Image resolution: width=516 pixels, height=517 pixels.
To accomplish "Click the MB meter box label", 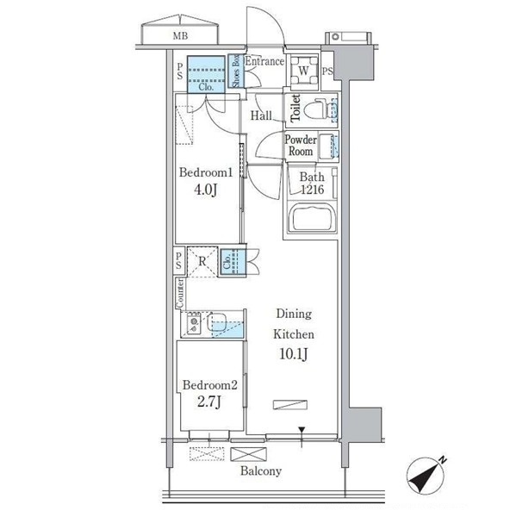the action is [180, 35].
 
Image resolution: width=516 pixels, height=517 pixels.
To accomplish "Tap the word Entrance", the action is [264, 61].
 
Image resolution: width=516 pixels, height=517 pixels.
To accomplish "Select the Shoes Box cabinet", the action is [236, 72].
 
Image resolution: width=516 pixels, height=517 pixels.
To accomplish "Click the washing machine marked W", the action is [304, 71].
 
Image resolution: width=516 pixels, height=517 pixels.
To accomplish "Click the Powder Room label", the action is [301, 146].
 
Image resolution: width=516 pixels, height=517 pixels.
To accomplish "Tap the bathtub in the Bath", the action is [312, 218].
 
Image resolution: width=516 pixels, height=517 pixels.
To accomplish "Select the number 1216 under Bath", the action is [313, 190].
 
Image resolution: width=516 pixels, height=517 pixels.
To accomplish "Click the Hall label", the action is [261, 115].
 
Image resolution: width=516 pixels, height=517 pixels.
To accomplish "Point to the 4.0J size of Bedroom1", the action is [205, 190].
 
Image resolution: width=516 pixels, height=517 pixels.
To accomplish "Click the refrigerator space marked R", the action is [202, 262].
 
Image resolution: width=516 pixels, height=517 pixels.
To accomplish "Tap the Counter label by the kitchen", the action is [180, 294].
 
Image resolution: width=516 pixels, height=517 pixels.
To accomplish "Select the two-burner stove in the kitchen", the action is [193, 323].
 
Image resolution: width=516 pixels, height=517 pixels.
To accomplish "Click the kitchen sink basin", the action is [216, 322].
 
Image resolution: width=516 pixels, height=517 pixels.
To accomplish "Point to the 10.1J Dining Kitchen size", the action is [294, 354].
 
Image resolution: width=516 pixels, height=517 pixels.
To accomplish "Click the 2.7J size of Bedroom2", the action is [209, 402].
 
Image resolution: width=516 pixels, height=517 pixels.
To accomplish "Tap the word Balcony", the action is [261, 470].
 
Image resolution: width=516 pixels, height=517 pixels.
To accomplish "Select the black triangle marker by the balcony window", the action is [302, 430].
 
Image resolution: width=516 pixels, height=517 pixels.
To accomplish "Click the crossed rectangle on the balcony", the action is [248, 454].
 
